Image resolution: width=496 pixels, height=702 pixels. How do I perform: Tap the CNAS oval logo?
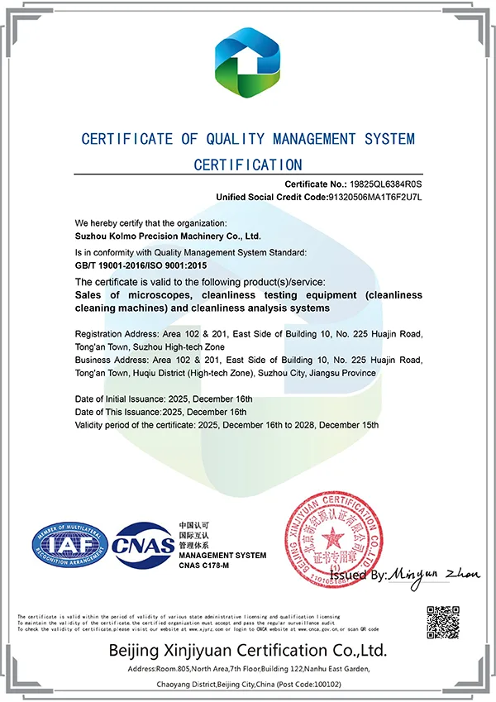coord(144,543)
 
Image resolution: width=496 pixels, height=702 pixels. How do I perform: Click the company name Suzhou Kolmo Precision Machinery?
coord(156,236)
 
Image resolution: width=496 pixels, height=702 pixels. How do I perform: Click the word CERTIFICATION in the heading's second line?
coord(248,165)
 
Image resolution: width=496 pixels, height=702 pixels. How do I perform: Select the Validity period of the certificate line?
coord(227,424)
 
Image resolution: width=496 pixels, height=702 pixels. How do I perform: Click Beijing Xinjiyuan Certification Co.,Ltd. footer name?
coord(248,649)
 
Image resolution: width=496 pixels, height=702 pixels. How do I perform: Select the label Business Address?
coord(107,361)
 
